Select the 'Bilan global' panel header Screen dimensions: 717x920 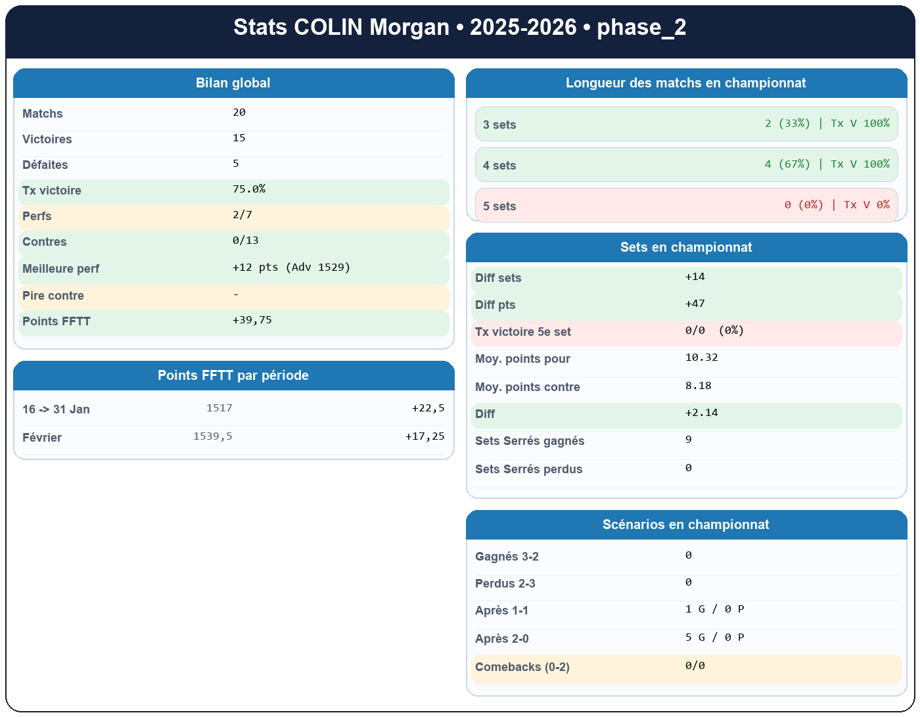[x=233, y=83]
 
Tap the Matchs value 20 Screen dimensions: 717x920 [x=239, y=112]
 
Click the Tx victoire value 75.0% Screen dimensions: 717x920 [x=249, y=189]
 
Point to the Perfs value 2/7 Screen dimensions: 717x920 [x=242, y=215]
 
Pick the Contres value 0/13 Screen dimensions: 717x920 [x=246, y=241]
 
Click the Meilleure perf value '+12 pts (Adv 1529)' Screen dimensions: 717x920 [x=291, y=267]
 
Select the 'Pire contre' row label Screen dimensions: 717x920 [x=53, y=296]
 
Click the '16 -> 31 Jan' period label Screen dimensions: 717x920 [x=56, y=409]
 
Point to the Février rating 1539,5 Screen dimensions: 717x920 [x=212, y=436]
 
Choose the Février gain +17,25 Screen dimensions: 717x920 [x=425, y=436]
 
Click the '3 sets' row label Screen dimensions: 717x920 [x=499, y=125]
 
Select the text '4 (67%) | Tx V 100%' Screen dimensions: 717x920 [x=827, y=164]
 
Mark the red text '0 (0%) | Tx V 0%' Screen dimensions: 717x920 [x=837, y=205]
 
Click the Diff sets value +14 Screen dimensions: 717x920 [x=695, y=277]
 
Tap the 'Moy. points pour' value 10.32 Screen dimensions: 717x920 [x=701, y=358]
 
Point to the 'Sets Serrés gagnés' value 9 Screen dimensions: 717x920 [x=688, y=440]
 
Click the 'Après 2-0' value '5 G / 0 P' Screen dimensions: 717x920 [x=714, y=637]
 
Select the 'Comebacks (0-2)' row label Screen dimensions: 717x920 [x=522, y=667]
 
